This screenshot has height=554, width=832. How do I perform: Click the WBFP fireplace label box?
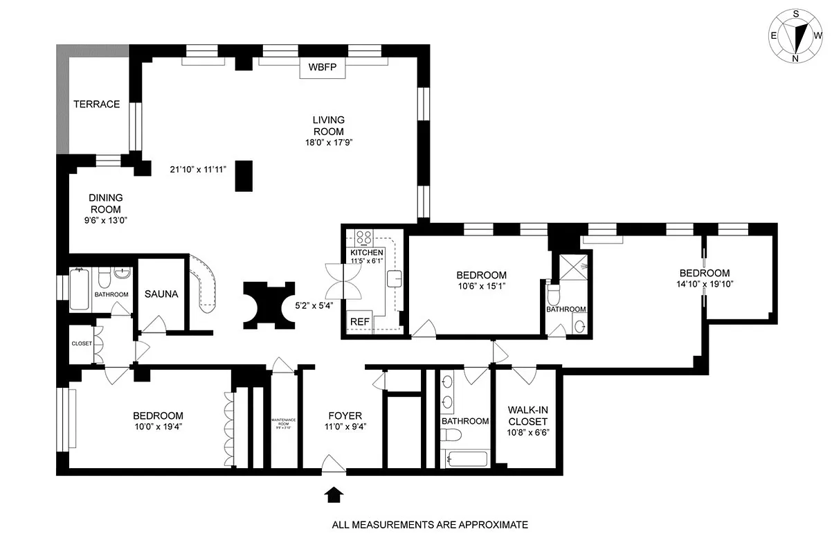[x=322, y=69]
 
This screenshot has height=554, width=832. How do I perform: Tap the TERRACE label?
[x=97, y=105]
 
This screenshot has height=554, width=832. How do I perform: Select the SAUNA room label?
[x=161, y=294]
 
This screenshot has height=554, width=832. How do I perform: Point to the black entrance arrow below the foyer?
[x=334, y=494]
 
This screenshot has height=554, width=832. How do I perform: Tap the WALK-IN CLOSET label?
[x=527, y=415]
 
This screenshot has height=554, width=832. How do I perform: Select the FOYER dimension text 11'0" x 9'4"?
[x=345, y=427]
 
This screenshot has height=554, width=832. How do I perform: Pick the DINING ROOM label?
[x=105, y=203]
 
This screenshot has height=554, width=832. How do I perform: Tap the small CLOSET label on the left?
[x=82, y=343]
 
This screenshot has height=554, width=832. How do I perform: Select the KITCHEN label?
[x=366, y=253]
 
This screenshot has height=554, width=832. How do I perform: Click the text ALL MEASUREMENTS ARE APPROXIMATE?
[x=430, y=525]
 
